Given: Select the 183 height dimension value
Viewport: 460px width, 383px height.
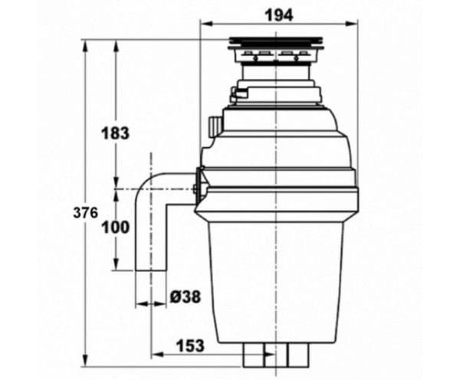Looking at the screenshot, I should coord(115,133).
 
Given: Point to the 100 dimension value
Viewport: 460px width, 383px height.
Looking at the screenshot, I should coord(115,228).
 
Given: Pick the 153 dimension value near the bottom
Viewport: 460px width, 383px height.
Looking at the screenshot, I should coord(189,345).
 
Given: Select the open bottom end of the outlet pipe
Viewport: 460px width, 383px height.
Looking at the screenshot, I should coord(152,269).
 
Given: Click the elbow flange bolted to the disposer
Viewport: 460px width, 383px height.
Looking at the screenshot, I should coord(199,188).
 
